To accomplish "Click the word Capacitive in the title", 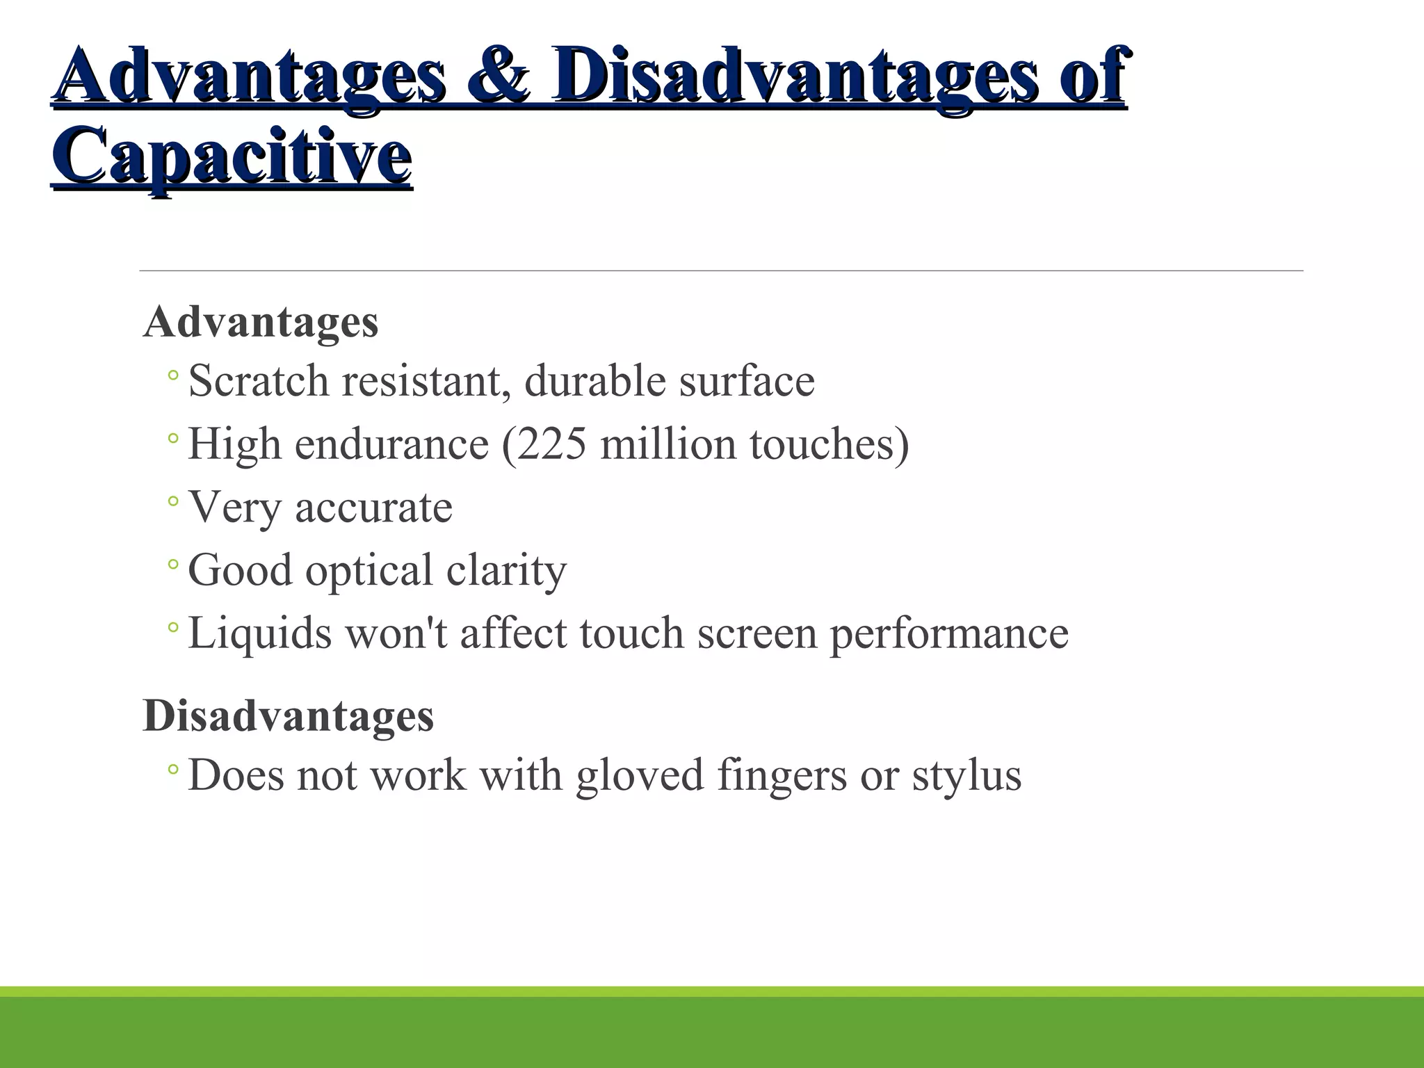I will pyautogui.click(x=232, y=155).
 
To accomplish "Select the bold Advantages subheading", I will pyautogui.click(x=261, y=322).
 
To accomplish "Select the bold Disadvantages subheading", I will pyautogui.click(x=288, y=715).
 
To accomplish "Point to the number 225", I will pyautogui.click(x=551, y=444).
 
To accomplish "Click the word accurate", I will pyautogui.click(x=373, y=508).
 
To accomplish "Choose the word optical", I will pyautogui.click(x=369, y=571).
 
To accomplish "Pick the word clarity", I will pyautogui.click(x=506, y=571).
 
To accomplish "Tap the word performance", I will pyautogui.click(x=949, y=633).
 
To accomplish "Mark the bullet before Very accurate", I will pyautogui.click(x=173, y=501).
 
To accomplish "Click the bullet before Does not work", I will pyautogui.click(x=173, y=769).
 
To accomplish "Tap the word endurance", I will pyautogui.click(x=391, y=444).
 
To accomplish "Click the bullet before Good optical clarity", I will pyautogui.click(x=173, y=565).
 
